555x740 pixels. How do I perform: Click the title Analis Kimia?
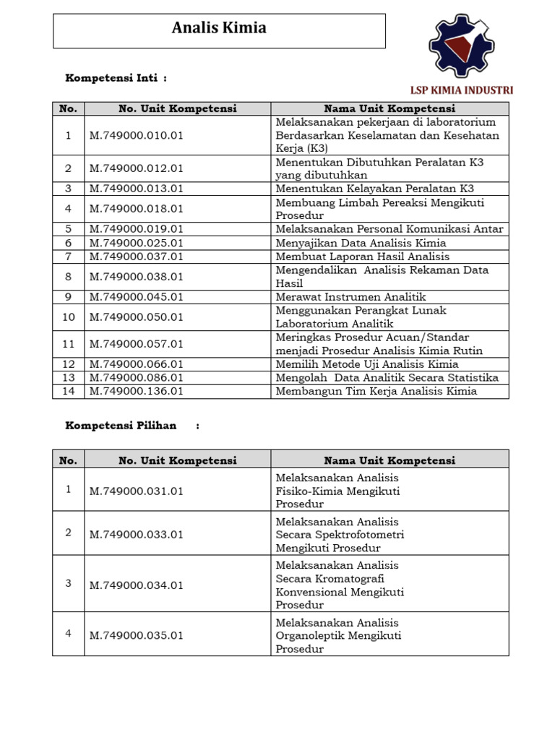[219, 28]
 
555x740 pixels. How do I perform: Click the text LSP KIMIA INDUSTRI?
[461, 90]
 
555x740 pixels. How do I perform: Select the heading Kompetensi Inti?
[116, 77]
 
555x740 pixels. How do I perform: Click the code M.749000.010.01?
[137, 136]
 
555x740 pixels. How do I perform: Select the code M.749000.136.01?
[137, 391]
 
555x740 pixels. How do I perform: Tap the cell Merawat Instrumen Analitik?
[350, 297]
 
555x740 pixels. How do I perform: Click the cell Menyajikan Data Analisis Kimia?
[361, 243]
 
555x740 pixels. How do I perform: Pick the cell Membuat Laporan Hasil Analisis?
[362, 257]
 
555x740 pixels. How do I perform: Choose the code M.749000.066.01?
[137, 364]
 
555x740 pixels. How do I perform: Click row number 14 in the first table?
[68, 391]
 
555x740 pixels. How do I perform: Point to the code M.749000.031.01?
[137, 491]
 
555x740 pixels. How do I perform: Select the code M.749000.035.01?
[137, 636]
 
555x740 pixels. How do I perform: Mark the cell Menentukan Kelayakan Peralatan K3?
[374, 189]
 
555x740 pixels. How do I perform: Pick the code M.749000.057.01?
[137, 344]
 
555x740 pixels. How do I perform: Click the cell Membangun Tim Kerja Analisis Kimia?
[376, 391]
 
